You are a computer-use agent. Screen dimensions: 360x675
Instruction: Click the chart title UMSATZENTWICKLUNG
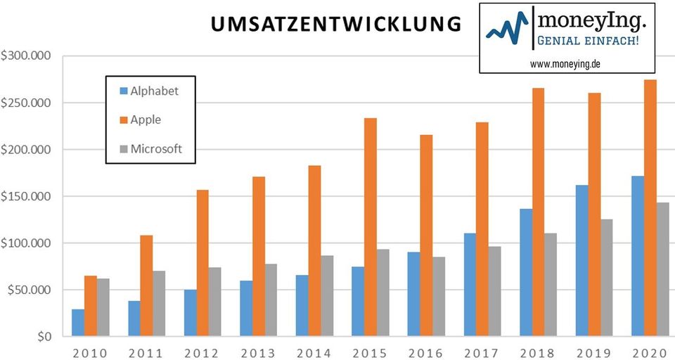click(336, 24)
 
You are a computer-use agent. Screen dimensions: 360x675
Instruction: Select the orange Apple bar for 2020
click(650, 208)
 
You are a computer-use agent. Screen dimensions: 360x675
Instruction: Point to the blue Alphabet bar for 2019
click(581, 261)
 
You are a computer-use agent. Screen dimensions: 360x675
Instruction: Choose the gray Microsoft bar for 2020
click(662, 269)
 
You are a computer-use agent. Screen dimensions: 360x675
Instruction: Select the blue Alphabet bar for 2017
click(470, 285)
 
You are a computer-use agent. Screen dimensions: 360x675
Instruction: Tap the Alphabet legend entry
click(148, 91)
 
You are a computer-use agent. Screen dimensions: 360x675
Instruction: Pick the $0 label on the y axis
click(44, 337)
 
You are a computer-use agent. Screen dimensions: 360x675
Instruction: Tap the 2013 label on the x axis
click(257, 352)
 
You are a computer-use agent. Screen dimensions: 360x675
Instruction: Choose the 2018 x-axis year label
click(537, 352)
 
